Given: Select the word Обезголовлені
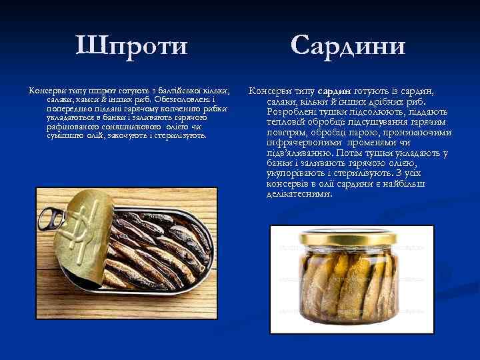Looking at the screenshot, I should (160, 99).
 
